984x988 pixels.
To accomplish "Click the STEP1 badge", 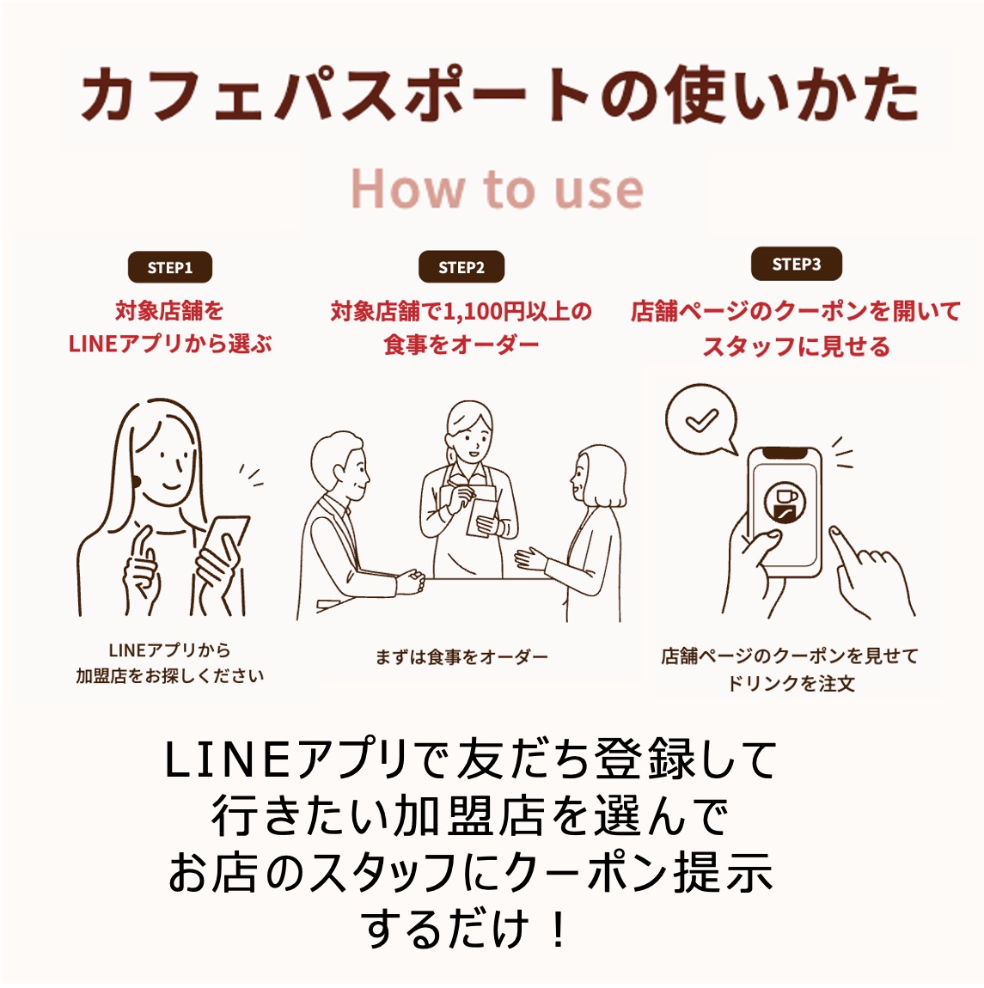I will click(x=169, y=267).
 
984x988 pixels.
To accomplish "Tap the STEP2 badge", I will click(x=461, y=267).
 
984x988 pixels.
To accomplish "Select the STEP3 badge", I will click(x=796, y=264).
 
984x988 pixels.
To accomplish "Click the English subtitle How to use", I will click(x=497, y=190).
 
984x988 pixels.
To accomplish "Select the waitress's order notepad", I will click(x=481, y=511).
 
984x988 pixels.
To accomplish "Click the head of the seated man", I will click(x=339, y=463).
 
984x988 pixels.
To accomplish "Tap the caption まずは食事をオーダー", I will click(x=461, y=657).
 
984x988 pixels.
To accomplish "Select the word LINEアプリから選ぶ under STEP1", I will click(x=169, y=344).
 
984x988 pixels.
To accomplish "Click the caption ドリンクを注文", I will click(x=790, y=684).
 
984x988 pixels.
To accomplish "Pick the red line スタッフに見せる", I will click(x=796, y=346).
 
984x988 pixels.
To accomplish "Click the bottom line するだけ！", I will click(x=465, y=930).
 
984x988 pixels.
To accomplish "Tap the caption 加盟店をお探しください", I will click(x=169, y=676).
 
